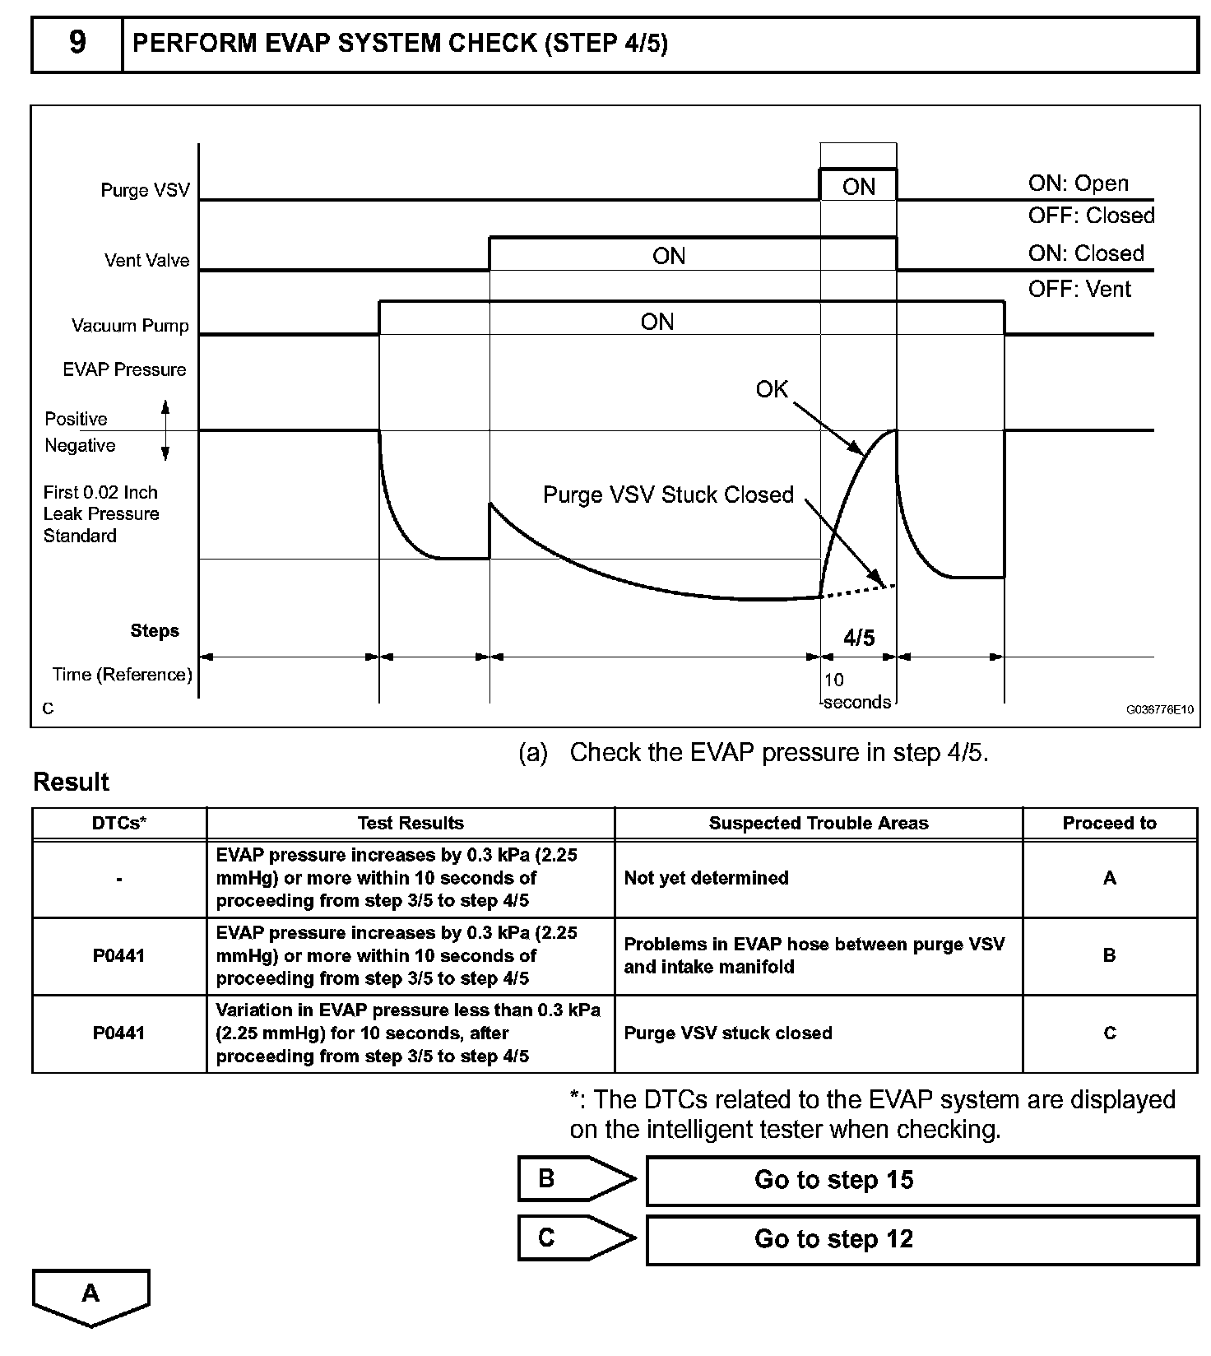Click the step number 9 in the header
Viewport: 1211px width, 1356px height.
pyautogui.click(x=77, y=43)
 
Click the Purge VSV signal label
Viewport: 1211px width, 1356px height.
pyautogui.click(x=145, y=190)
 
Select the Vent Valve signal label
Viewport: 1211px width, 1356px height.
pyautogui.click(x=146, y=260)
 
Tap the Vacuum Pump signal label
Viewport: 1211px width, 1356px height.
pyautogui.click(x=130, y=325)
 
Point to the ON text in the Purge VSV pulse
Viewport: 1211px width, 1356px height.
pyautogui.click(x=858, y=187)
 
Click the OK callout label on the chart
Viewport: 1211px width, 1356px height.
pyautogui.click(x=771, y=389)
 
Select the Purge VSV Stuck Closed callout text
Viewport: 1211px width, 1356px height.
pyautogui.click(x=668, y=495)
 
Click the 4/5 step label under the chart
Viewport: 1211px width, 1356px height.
pyautogui.click(x=858, y=637)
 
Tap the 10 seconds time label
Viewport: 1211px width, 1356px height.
pyautogui.click(x=856, y=691)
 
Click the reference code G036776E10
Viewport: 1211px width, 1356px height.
pyautogui.click(x=1160, y=709)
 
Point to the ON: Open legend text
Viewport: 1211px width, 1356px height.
pyautogui.click(x=1078, y=183)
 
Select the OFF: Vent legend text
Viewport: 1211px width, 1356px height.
pyautogui.click(x=1079, y=289)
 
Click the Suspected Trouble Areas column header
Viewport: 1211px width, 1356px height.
pyautogui.click(x=818, y=823)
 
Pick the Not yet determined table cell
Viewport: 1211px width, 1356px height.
pyautogui.click(x=706, y=878)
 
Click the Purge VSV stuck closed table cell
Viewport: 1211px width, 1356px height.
pyautogui.click(x=727, y=1033)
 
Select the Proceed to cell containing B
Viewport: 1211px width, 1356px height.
pyautogui.click(x=1109, y=955)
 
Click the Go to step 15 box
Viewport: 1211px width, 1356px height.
pyautogui.click(x=921, y=1180)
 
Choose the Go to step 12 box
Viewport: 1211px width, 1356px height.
pyautogui.click(x=921, y=1239)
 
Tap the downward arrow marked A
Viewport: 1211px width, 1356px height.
pyautogui.click(x=90, y=1295)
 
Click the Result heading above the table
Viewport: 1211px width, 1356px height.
pyautogui.click(x=71, y=782)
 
